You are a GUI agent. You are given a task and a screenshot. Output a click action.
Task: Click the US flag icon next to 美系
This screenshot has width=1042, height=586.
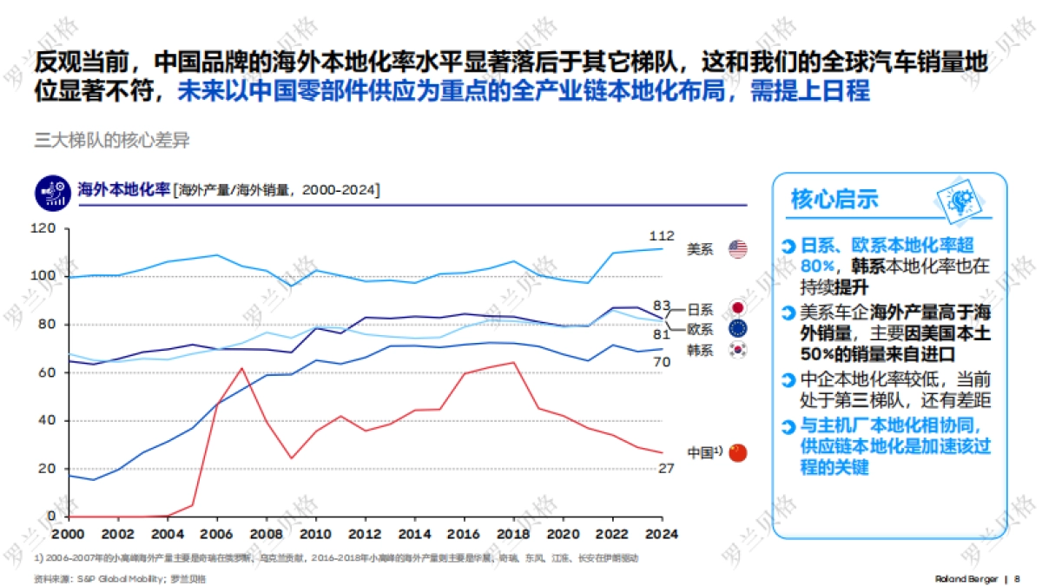737,249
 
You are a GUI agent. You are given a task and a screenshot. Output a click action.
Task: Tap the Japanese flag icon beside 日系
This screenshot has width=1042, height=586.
737,308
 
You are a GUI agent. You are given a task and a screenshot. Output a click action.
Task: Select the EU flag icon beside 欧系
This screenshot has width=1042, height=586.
737,329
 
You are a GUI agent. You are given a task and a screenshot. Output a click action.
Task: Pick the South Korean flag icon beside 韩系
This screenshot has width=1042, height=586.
737,350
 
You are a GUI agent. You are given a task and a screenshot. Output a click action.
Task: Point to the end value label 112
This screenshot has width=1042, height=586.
662,236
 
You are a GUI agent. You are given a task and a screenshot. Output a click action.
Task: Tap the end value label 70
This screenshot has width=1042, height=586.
662,361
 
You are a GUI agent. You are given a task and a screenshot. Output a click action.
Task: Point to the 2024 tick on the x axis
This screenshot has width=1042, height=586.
662,533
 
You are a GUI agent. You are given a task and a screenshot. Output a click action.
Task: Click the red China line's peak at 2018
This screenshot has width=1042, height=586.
514,363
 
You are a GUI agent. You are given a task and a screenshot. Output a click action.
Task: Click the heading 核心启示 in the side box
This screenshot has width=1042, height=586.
834,199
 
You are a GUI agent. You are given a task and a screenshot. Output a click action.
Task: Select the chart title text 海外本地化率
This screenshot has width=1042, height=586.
123,189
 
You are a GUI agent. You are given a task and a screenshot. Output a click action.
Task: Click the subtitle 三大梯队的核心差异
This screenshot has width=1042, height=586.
111,141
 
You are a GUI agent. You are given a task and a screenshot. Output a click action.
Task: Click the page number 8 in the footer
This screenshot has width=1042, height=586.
1017,578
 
